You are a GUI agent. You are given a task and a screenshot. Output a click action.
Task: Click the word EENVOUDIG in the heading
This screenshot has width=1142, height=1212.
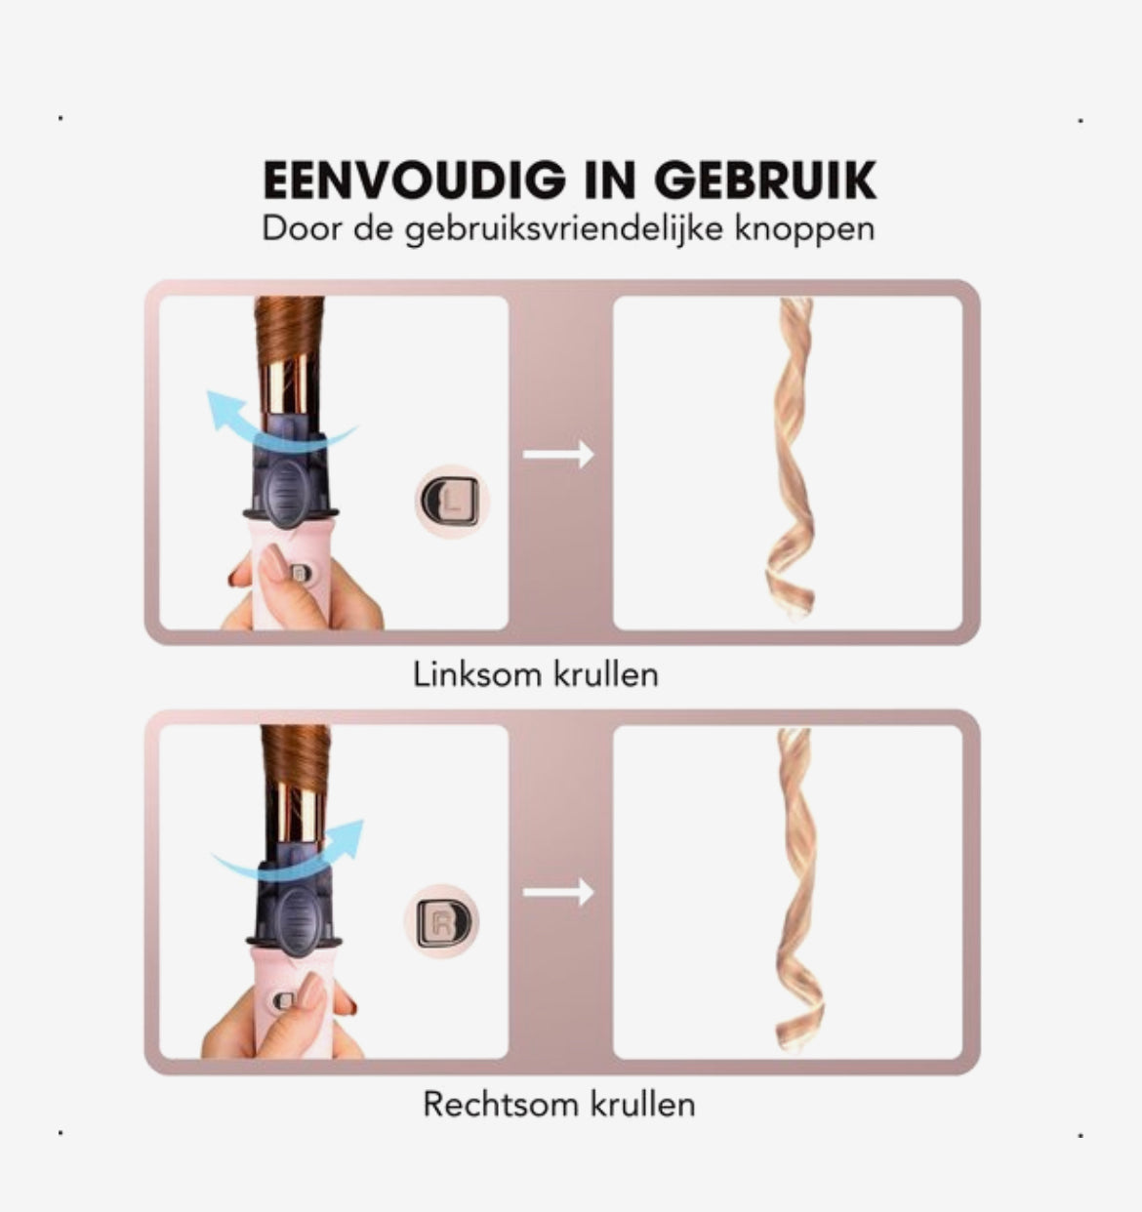pyautogui.click(x=415, y=181)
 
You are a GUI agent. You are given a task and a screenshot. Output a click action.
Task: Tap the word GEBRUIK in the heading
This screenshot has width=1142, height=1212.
pyautogui.click(x=766, y=181)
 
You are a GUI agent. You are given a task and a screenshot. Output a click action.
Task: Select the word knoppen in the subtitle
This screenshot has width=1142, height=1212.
pyautogui.click(x=804, y=230)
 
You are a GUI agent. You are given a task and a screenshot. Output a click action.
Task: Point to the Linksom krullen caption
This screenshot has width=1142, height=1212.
pyautogui.click(x=536, y=674)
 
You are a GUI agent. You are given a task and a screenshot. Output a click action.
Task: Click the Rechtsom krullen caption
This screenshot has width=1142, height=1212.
pyautogui.click(x=558, y=1104)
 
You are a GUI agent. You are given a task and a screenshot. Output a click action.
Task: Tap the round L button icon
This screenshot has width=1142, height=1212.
pyautogui.click(x=452, y=502)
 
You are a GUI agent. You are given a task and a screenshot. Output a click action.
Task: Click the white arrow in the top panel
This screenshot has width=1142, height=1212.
pyautogui.click(x=558, y=454)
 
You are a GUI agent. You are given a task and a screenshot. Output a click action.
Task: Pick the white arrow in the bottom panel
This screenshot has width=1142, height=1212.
pyautogui.click(x=558, y=892)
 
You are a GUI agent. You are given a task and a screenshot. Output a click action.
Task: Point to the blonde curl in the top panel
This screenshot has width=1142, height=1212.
pyautogui.click(x=791, y=458)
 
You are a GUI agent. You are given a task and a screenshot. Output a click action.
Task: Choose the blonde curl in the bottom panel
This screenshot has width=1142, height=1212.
pyautogui.click(x=795, y=891)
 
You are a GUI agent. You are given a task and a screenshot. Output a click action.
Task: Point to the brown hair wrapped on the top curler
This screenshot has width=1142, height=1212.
pyautogui.click(x=289, y=330)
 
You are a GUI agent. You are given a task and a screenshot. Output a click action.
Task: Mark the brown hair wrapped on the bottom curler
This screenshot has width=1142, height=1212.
pyautogui.click(x=296, y=756)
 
